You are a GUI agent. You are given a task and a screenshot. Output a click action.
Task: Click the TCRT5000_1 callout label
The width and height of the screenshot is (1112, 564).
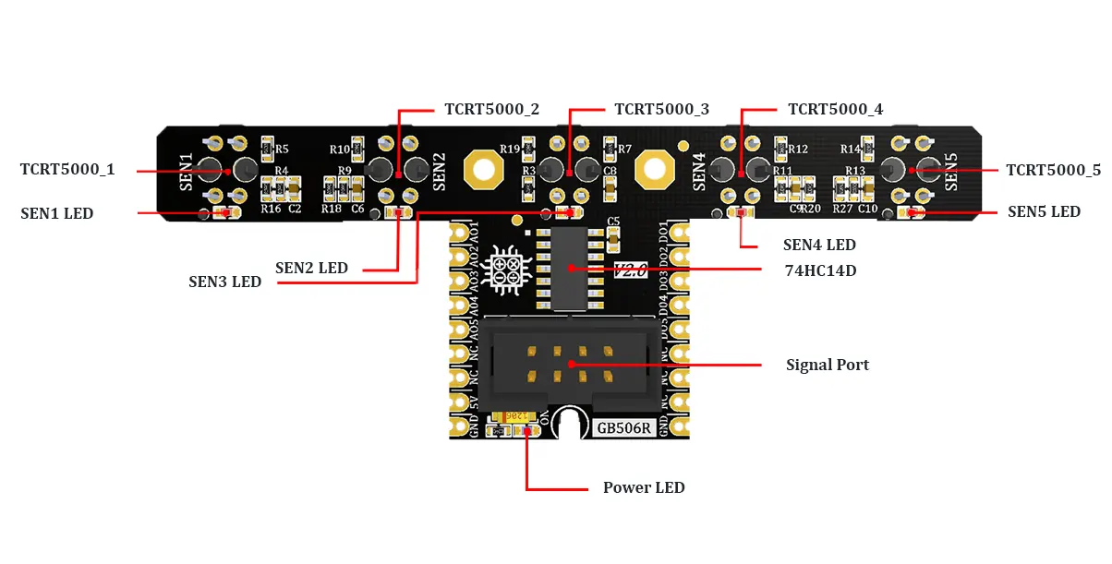[x=67, y=170]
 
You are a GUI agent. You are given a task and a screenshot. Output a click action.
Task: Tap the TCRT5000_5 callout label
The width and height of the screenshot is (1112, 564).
[x=1054, y=171]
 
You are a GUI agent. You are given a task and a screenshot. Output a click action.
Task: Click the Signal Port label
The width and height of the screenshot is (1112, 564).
[x=827, y=365]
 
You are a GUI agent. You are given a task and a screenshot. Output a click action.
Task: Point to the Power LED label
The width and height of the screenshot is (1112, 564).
[x=644, y=487]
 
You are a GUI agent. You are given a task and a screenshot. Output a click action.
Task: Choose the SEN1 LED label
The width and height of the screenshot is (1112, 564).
[x=57, y=213]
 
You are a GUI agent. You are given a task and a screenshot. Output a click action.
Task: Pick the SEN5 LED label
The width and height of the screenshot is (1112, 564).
[x=1044, y=211]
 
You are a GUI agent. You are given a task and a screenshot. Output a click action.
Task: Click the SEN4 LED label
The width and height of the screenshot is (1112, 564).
[x=819, y=246]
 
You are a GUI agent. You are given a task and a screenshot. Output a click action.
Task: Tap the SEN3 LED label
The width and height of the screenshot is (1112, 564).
[x=224, y=282]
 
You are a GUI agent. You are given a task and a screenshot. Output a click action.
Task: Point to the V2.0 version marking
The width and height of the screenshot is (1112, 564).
[x=630, y=270]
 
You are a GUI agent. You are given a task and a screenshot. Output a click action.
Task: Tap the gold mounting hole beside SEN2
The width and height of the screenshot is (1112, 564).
[x=482, y=169]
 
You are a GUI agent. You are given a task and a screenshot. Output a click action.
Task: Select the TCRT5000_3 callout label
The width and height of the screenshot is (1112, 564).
[x=661, y=109]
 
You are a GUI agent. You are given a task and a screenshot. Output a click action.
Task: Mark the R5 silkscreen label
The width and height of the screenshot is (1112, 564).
[x=283, y=149]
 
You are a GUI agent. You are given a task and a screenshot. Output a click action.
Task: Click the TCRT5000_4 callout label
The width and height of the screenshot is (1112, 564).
[x=835, y=109]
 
